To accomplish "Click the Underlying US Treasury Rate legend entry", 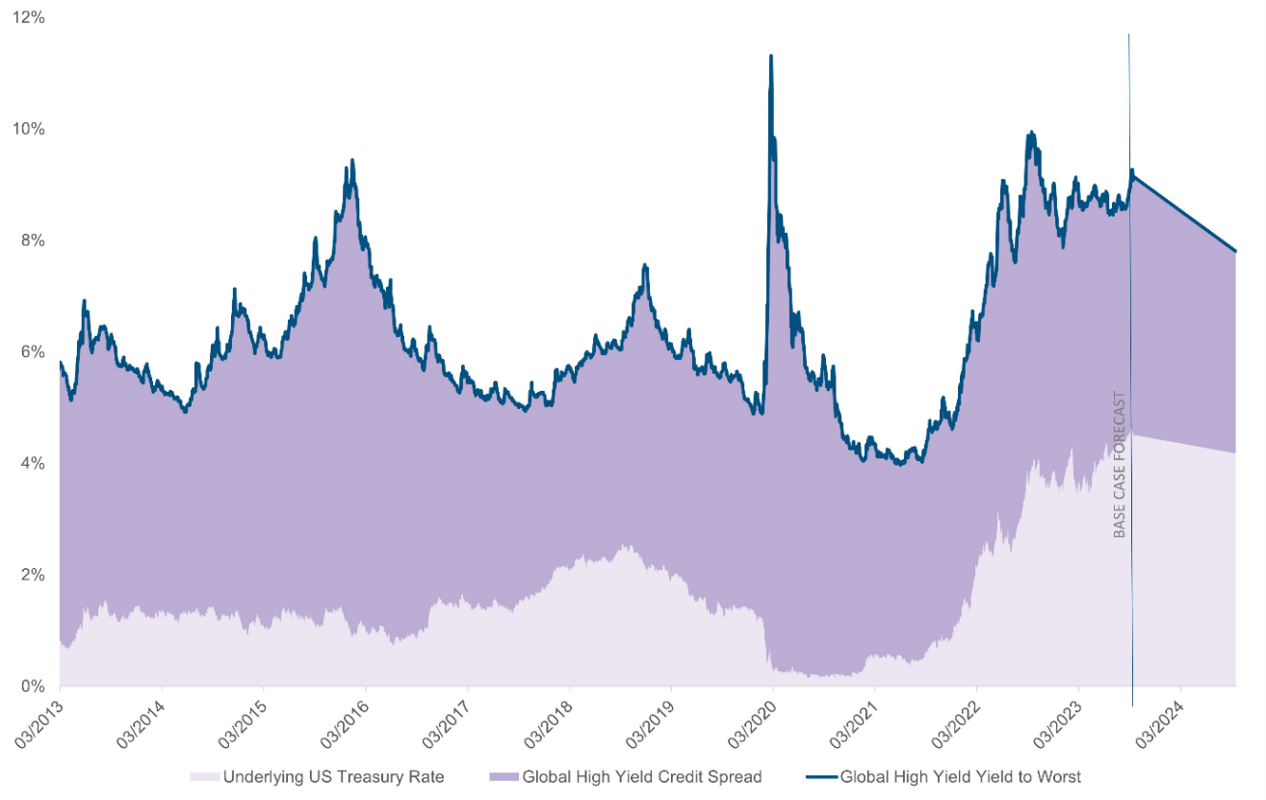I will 333,776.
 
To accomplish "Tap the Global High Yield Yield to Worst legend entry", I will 961,776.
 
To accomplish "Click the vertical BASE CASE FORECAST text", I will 1120,464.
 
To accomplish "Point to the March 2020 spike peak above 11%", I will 770,56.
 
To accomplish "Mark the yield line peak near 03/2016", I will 352,160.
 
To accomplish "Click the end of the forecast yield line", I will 1235,251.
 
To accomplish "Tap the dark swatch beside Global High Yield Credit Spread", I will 504,776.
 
